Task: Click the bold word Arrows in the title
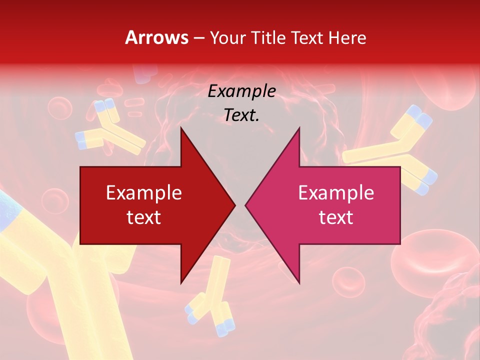click(x=156, y=37)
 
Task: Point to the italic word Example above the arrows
click(x=241, y=91)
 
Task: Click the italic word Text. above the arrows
click(x=241, y=115)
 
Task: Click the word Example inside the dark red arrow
click(x=143, y=193)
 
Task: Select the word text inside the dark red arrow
click(x=143, y=217)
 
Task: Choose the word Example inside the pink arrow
click(x=336, y=193)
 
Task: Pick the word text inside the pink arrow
click(x=336, y=217)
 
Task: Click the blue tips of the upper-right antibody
click(x=418, y=117)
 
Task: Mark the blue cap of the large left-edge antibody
click(x=7, y=210)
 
